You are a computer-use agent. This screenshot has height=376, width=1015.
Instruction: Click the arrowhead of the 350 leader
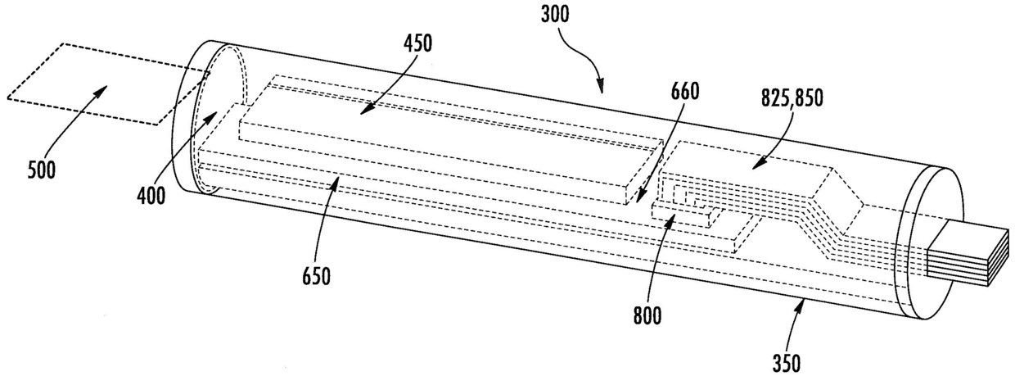(x=805, y=301)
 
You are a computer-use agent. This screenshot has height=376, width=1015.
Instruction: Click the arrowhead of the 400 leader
(x=217, y=113)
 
